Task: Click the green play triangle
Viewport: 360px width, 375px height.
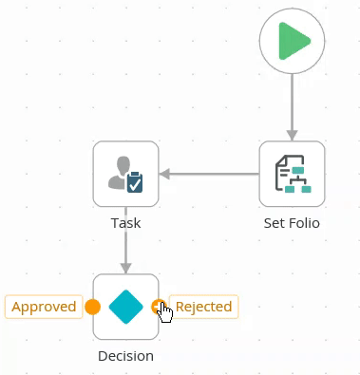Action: (x=293, y=41)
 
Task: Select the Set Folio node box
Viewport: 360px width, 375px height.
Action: (x=292, y=174)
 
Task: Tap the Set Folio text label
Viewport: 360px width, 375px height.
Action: (x=292, y=223)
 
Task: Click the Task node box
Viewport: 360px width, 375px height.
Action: (x=125, y=174)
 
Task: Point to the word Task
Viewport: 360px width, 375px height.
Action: (x=125, y=223)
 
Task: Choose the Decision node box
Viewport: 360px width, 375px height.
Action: (x=125, y=307)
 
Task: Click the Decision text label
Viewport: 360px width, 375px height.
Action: (x=125, y=356)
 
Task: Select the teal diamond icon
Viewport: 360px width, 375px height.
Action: (x=125, y=307)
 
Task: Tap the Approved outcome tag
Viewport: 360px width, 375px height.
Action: (x=44, y=307)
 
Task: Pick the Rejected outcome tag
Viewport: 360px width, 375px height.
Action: (x=203, y=307)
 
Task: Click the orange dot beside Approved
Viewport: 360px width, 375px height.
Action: (x=92, y=307)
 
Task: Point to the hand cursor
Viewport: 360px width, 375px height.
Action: (x=165, y=312)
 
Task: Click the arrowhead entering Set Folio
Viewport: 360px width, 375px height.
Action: (x=292, y=135)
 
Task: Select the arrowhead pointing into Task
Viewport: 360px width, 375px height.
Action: (x=164, y=174)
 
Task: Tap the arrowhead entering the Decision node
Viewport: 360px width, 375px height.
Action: (x=125, y=268)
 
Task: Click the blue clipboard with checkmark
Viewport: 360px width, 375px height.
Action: (x=135, y=181)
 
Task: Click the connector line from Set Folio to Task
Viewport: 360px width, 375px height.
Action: (x=209, y=174)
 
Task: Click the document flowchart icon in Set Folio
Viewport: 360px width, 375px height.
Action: (x=294, y=174)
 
